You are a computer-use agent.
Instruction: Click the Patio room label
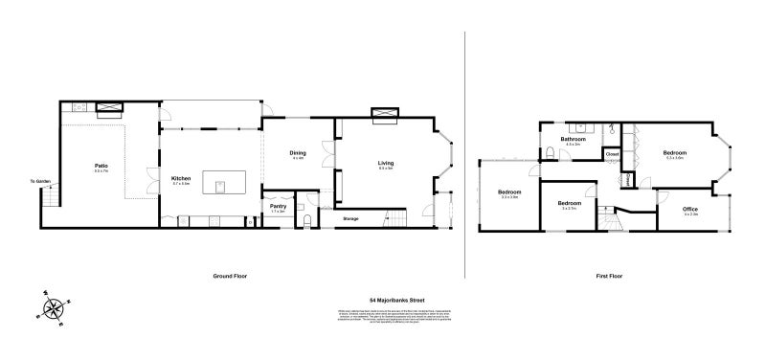101,167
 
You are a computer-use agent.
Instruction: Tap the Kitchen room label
181,178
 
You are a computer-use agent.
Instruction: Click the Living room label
387,164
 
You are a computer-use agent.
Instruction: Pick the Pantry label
279,205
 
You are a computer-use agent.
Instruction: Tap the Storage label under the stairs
351,219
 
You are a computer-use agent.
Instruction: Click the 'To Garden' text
39,181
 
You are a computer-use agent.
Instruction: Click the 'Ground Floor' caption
230,276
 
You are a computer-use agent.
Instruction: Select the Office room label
690,209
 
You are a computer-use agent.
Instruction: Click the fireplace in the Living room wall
385,115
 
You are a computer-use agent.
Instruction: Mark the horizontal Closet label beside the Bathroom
613,153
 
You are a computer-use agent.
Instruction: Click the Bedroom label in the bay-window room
675,153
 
